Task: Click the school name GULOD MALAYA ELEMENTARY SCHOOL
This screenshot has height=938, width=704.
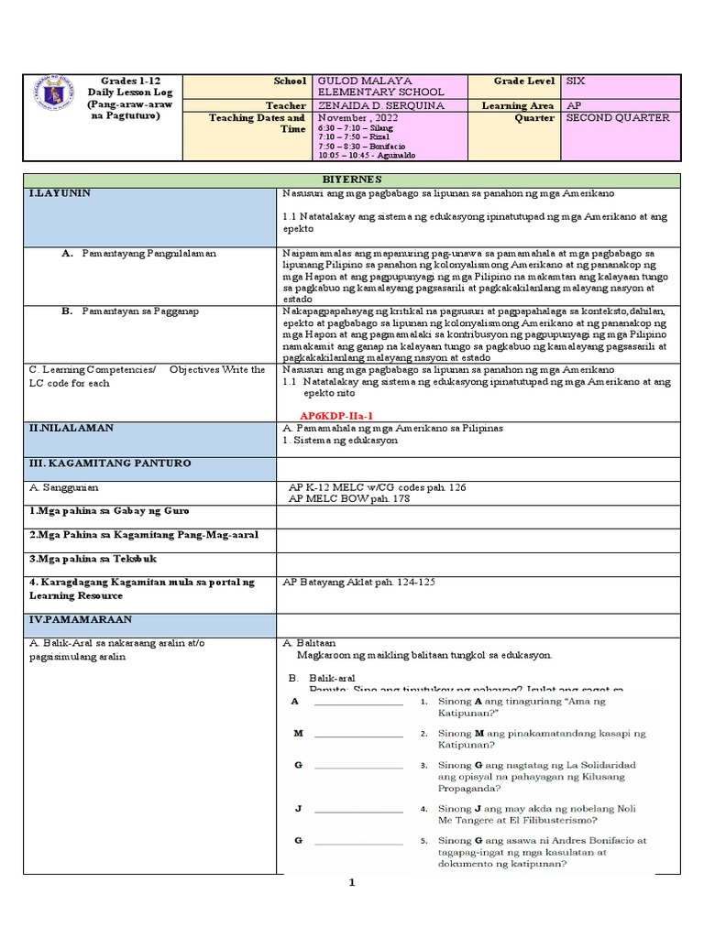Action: click(379, 86)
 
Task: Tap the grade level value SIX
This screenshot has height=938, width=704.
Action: click(577, 81)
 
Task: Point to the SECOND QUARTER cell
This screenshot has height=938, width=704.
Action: click(618, 118)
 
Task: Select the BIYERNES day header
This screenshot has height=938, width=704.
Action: click(351, 180)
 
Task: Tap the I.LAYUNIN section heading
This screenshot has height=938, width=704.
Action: click(60, 194)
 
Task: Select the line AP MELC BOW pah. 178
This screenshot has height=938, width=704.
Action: click(349, 499)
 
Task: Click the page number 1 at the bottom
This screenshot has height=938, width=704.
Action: click(350, 883)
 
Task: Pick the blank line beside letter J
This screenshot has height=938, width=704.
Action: click(357, 810)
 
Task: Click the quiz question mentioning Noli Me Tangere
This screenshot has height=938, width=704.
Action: click(541, 815)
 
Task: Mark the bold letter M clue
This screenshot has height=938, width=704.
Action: click(298, 734)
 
